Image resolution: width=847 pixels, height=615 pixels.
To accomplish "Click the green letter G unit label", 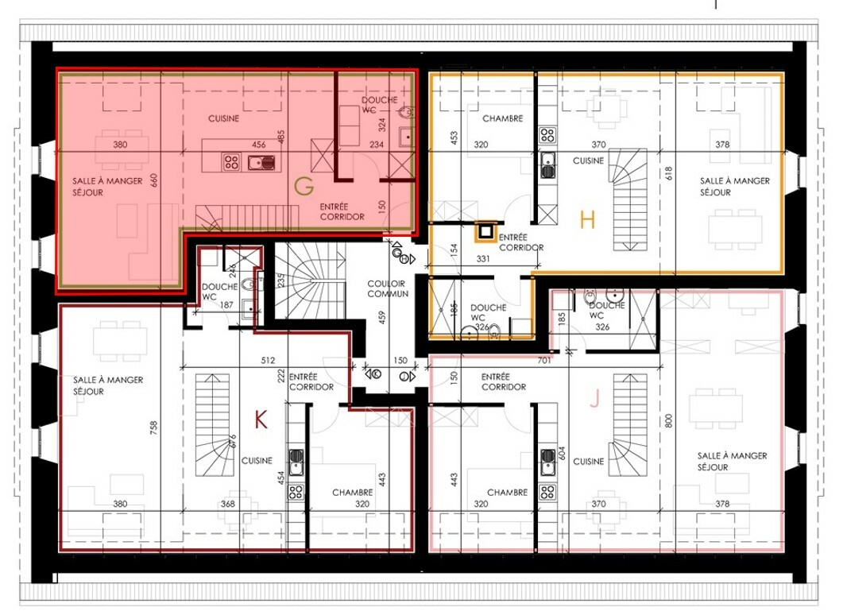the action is (x=304, y=187).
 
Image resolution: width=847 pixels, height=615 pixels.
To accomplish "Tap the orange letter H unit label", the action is (x=587, y=220).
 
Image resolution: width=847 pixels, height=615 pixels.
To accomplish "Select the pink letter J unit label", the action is (x=595, y=400).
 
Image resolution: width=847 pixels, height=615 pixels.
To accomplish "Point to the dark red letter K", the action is (x=261, y=419).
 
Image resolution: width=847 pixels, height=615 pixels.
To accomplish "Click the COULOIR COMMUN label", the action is (x=388, y=288).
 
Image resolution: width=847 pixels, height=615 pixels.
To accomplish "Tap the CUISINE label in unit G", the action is (x=223, y=118).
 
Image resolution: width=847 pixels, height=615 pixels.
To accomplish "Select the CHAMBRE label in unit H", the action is (x=502, y=118).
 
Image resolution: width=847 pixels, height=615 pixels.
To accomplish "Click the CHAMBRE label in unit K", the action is (x=352, y=493).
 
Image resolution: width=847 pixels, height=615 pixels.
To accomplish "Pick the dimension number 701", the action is (x=544, y=360).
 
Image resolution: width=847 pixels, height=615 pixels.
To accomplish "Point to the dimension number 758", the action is (x=154, y=428).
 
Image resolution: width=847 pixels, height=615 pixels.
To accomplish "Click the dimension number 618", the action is (x=669, y=173).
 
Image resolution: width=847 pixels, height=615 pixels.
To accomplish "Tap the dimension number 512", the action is (x=268, y=360).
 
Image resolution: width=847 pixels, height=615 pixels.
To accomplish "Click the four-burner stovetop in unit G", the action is (x=232, y=161).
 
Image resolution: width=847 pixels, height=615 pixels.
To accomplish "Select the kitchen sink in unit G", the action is (x=261, y=162).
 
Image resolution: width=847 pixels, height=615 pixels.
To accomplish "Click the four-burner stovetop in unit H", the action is (x=547, y=135).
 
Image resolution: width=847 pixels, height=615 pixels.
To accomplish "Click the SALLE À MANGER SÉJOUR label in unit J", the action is (x=732, y=462).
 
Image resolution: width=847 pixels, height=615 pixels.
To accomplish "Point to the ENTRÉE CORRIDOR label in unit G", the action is (x=342, y=212).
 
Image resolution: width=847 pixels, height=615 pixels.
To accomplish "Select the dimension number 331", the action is (x=483, y=259).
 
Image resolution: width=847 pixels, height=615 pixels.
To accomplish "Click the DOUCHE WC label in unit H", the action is (x=489, y=312).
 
